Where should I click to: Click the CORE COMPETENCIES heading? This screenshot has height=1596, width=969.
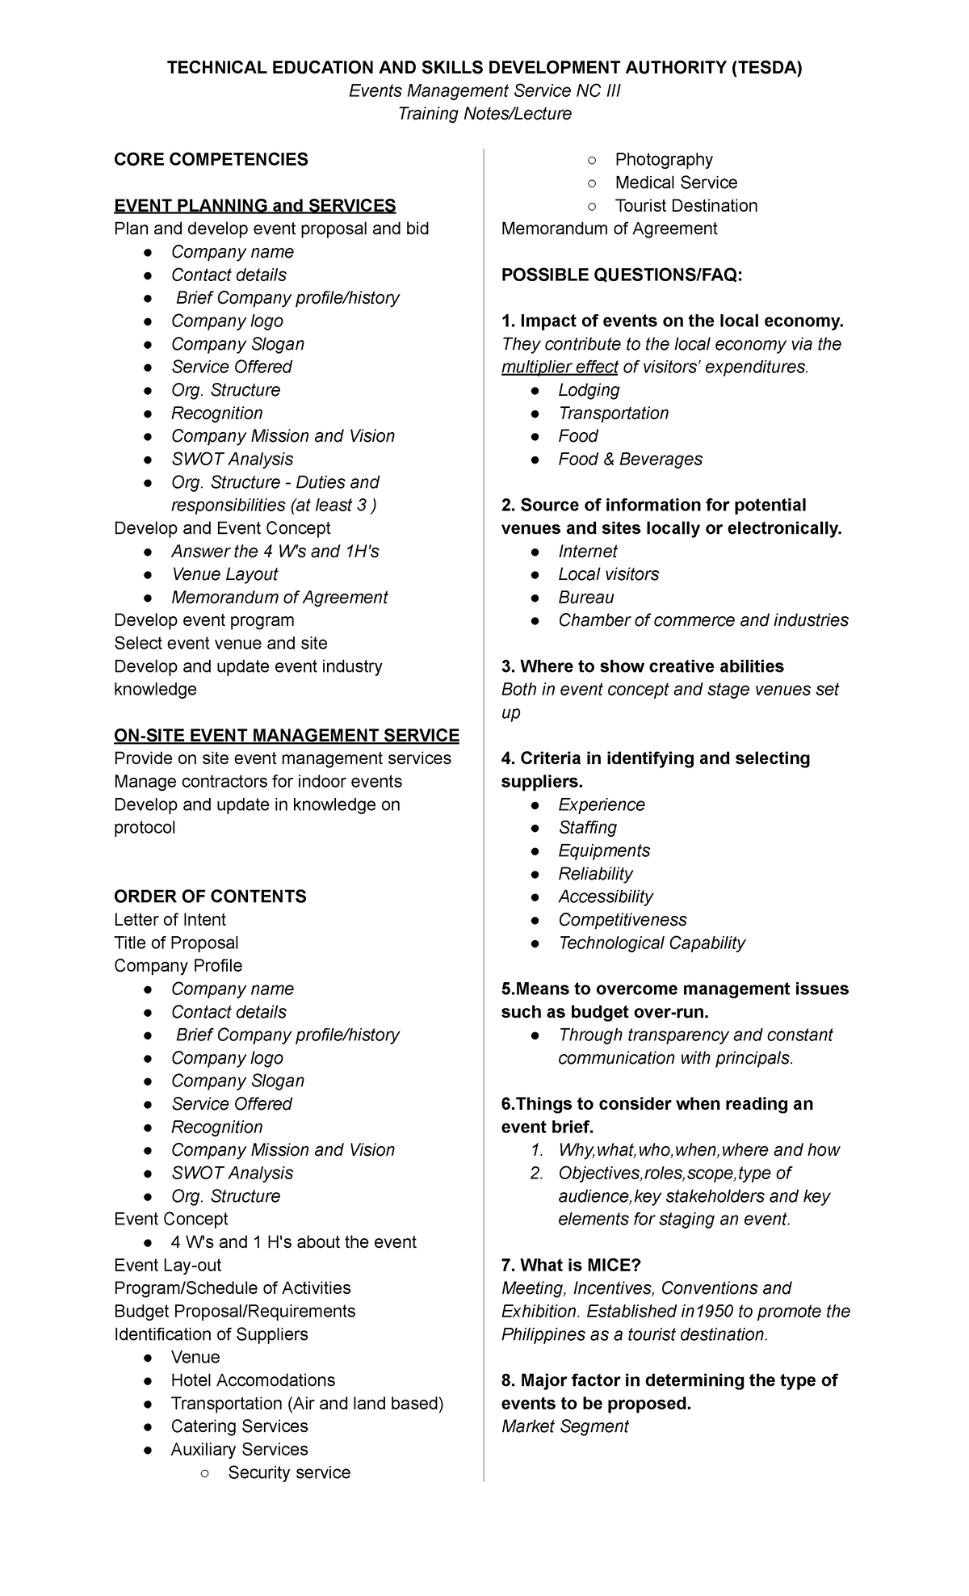click(211, 159)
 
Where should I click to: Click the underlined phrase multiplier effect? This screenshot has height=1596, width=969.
click(560, 367)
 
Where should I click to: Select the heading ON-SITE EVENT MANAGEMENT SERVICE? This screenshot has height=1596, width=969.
click(287, 735)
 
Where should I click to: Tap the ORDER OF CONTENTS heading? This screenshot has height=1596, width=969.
click(210, 897)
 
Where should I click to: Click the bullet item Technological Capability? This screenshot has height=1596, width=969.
click(652, 943)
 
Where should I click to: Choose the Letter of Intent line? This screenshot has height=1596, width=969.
click(170, 919)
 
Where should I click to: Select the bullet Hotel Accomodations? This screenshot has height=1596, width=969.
click(253, 1380)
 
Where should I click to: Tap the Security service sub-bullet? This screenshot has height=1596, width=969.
click(289, 1472)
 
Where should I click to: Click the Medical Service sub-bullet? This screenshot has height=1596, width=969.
click(676, 183)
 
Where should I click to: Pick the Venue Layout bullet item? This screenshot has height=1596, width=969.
click(224, 574)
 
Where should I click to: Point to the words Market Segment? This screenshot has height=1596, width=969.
click(564, 1426)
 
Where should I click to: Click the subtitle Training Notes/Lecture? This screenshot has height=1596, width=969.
click(484, 114)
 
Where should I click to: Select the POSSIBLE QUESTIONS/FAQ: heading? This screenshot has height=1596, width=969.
click(621, 275)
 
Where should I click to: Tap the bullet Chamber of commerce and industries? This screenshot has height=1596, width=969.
click(703, 620)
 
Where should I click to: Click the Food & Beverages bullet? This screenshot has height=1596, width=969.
click(630, 459)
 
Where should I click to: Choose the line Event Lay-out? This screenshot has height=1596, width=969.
click(167, 1265)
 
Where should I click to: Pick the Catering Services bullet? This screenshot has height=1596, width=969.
click(239, 1426)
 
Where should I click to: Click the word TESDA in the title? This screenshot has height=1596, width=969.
click(766, 68)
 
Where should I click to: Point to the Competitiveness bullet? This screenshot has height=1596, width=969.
click(623, 920)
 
